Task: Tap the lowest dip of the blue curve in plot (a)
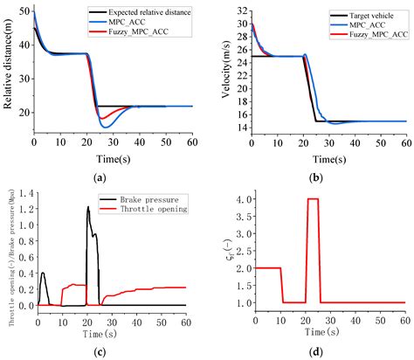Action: (107, 128)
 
